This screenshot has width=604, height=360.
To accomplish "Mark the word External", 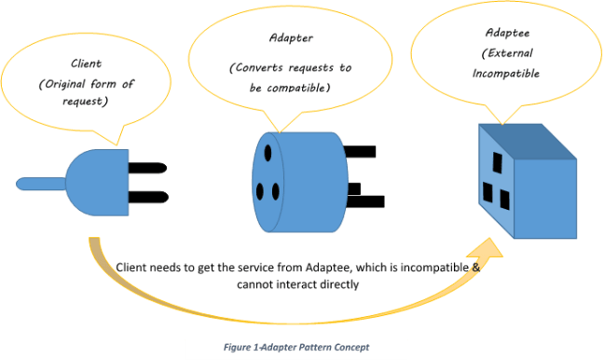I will tap(509, 51).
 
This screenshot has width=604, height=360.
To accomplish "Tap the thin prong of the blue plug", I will tap(38, 183).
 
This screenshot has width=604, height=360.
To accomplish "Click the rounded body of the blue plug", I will tap(100, 181).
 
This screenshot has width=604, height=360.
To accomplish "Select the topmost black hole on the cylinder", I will tap(268, 151).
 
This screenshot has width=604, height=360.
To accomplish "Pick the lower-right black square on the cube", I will tap(504, 199).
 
